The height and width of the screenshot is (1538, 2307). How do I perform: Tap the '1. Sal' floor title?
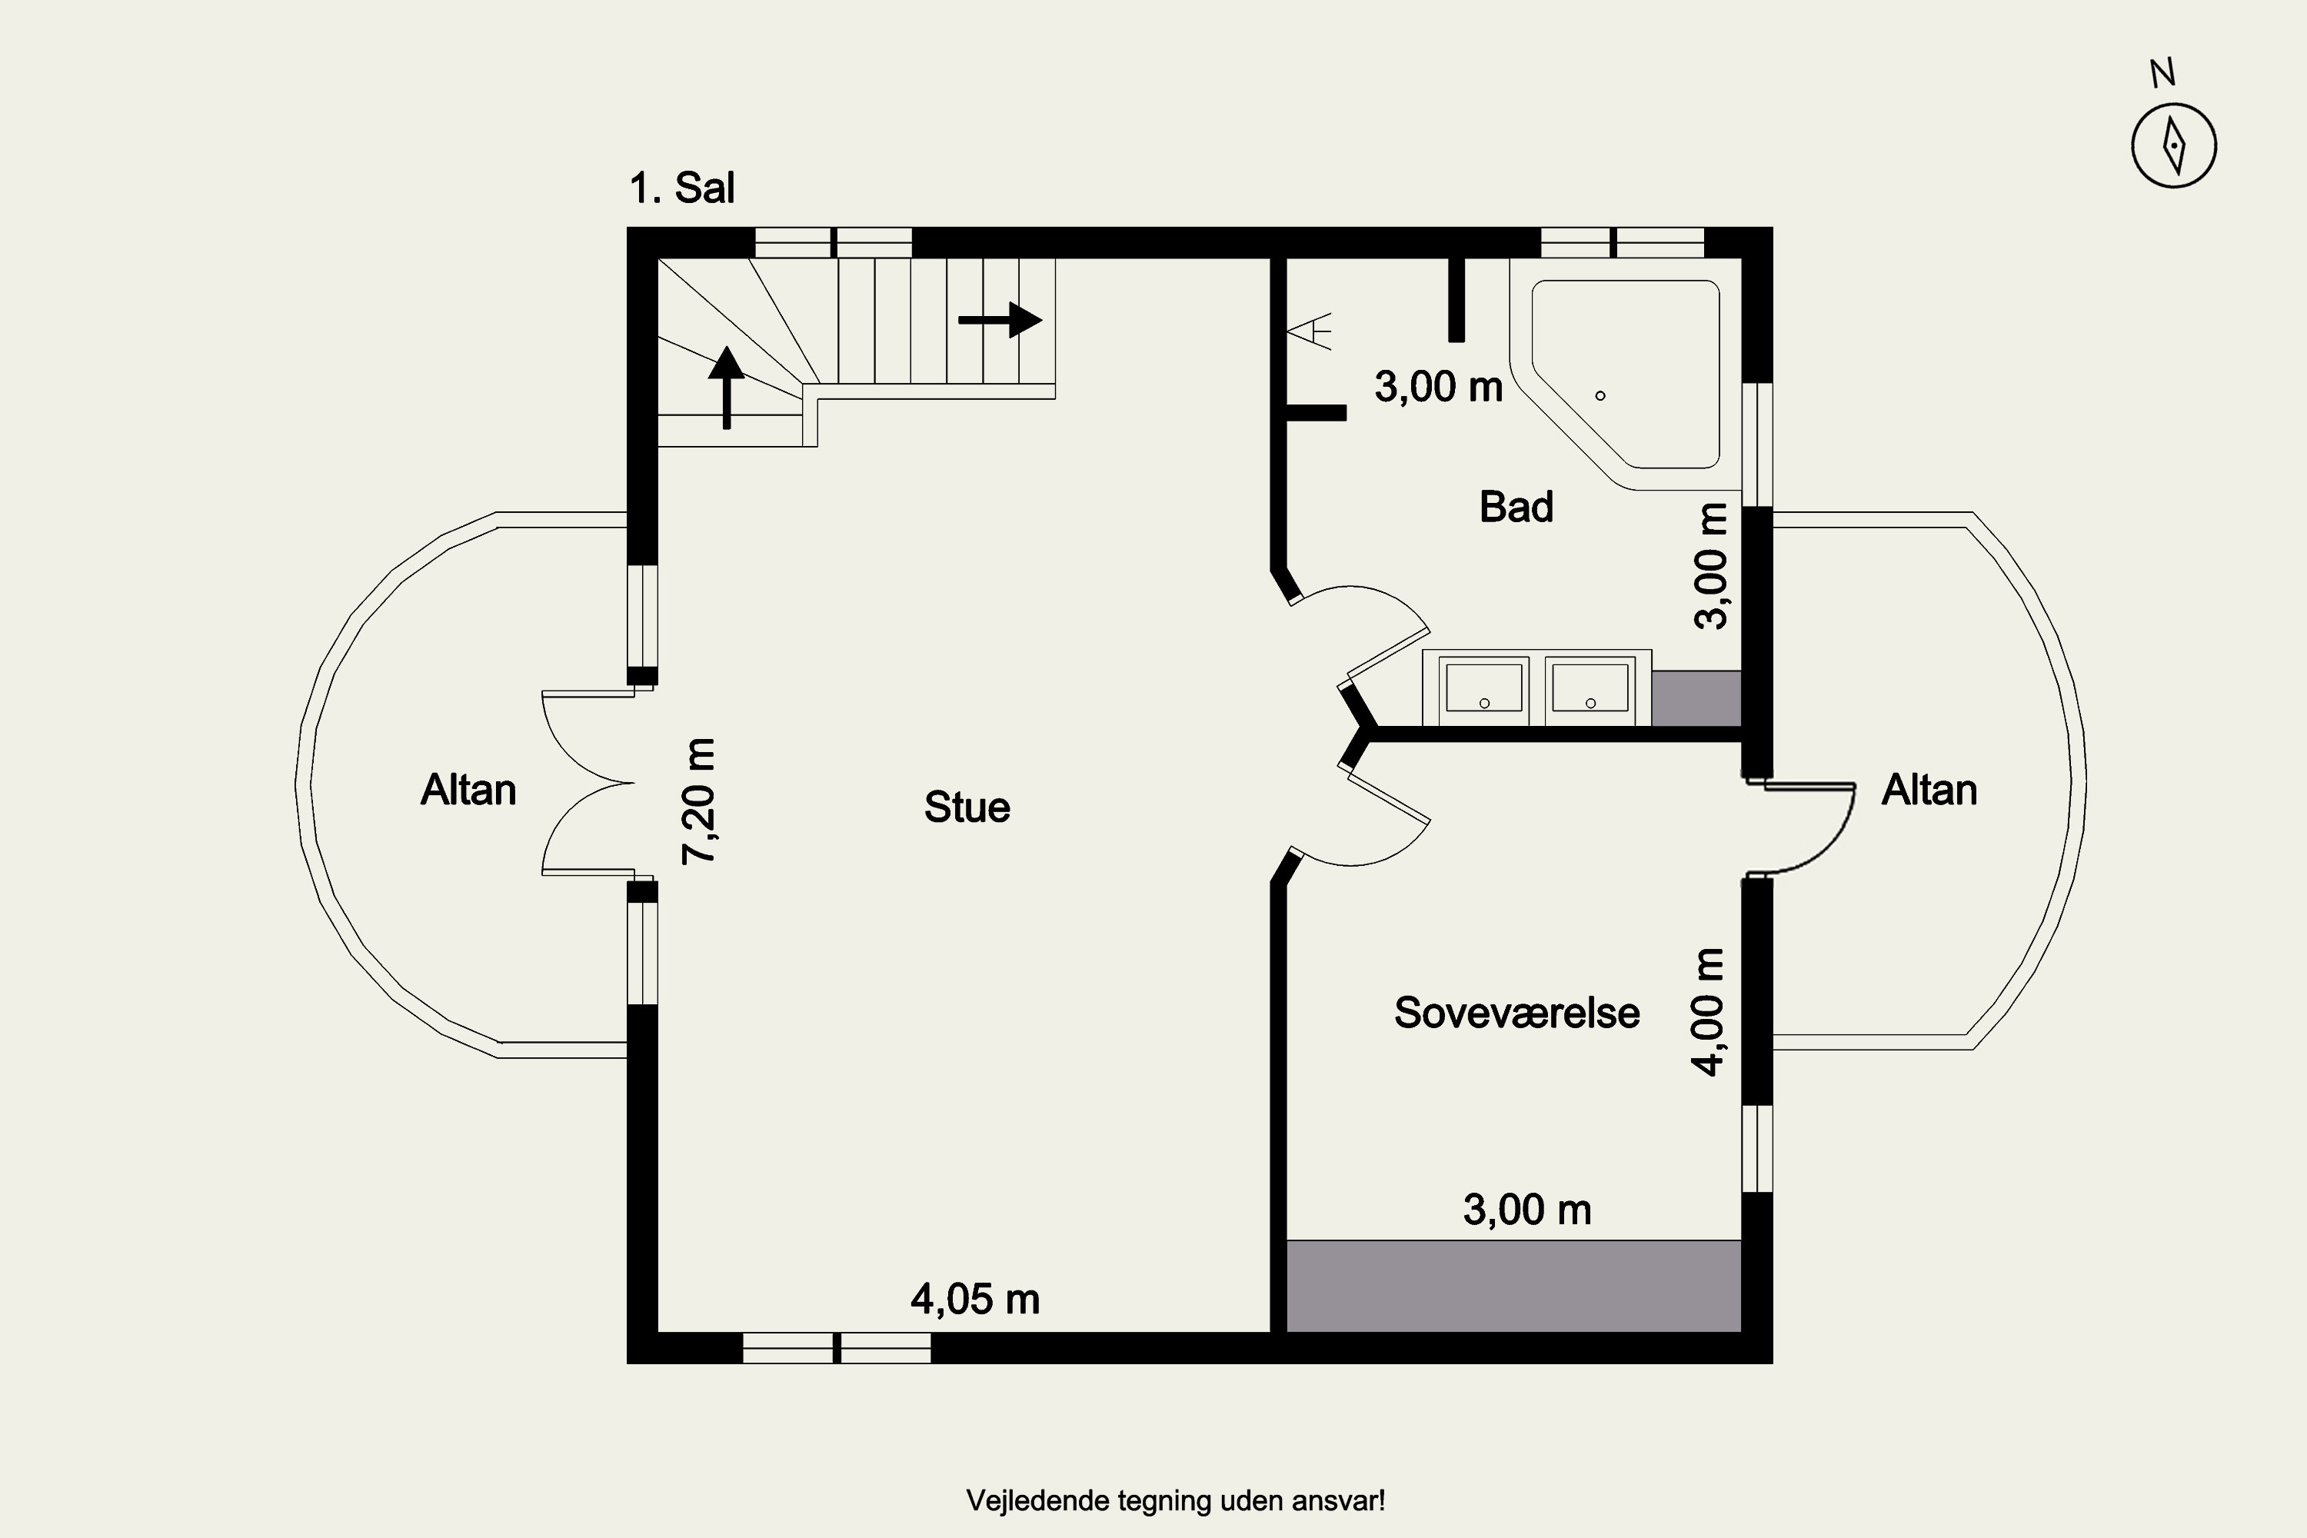pyautogui.click(x=681, y=188)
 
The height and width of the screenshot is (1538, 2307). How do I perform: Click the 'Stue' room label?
pyautogui.click(x=967, y=807)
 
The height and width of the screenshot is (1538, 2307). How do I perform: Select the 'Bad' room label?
pyautogui.click(x=1516, y=507)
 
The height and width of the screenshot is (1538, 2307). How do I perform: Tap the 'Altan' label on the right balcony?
pyautogui.click(x=1929, y=790)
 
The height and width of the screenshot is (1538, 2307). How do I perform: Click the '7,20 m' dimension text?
pyautogui.click(x=699, y=801)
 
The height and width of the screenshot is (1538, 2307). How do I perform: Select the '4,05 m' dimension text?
pyautogui.click(x=975, y=1300)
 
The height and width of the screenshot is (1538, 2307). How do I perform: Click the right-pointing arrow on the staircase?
pyautogui.click(x=1000, y=320)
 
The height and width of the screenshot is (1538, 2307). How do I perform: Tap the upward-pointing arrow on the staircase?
pyautogui.click(x=727, y=388)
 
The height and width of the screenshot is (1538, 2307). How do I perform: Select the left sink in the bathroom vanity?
pyautogui.click(x=1484, y=688)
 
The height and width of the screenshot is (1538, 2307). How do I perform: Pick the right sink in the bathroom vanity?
pyautogui.click(x=1590, y=688)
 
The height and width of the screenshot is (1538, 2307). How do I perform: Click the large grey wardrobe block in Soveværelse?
pyautogui.click(x=1513, y=1286)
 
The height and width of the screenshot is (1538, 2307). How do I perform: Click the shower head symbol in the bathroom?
pyautogui.click(x=1310, y=331)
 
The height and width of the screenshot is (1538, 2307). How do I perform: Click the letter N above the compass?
pyautogui.click(x=2162, y=72)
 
